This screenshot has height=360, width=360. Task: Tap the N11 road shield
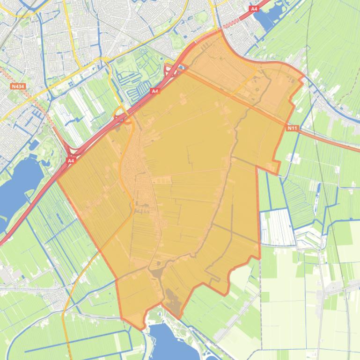tap(292, 128)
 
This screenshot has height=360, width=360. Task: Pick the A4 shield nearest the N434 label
tap(70, 160)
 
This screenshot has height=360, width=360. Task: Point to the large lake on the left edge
tap(19, 187)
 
